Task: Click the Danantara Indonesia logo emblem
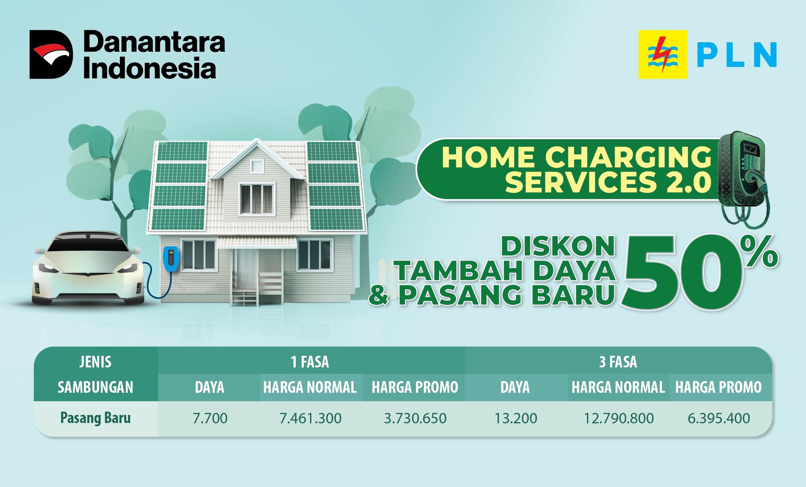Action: coord(51,54)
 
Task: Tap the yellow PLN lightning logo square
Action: coord(663,54)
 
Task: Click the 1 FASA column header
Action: coord(310,362)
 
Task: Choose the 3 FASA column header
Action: coord(618,362)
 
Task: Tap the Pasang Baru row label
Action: coord(96,418)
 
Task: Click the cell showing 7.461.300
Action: coord(310,418)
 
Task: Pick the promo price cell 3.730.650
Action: coord(415,418)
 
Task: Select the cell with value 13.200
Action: coord(515,418)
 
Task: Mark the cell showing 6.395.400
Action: coord(719,418)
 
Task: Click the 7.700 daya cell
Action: coord(210,418)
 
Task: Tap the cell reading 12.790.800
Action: coord(619,418)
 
